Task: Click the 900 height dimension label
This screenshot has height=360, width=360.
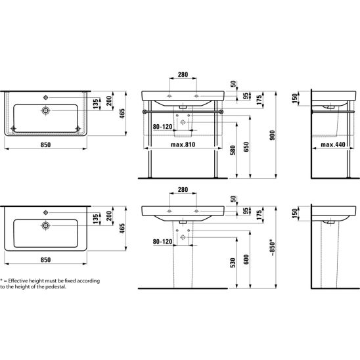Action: [x=272, y=135]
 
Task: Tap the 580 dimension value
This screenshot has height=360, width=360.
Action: [x=233, y=150]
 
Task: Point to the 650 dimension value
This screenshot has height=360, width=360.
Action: [x=246, y=147]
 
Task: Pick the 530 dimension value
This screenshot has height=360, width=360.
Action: [x=233, y=263]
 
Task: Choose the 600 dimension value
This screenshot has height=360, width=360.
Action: [x=246, y=259]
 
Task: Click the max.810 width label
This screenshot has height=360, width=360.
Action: [x=183, y=145]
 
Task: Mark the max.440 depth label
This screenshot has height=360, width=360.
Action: [x=333, y=145]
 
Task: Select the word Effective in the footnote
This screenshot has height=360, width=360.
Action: [x=18, y=281]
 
